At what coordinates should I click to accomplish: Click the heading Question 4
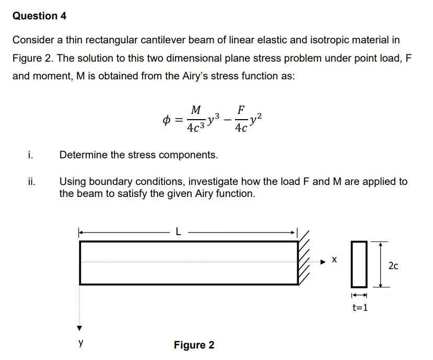[39, 16]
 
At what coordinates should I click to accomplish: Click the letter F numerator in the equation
[240, 110]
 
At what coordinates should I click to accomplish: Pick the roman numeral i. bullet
[31, 155]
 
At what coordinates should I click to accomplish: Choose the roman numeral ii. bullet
[32, 182]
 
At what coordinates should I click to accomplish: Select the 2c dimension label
[393, 265]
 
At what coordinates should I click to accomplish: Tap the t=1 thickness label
[359, 307]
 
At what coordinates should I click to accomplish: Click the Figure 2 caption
[194, 345]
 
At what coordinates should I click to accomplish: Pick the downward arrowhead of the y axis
[80, 328]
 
